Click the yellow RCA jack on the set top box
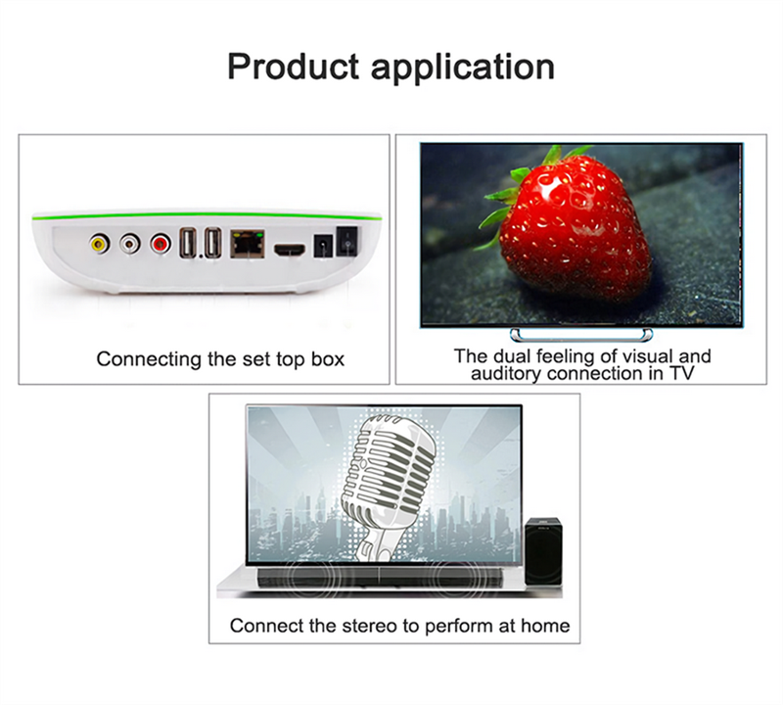tap(100, 244)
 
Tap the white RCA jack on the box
tap(130, 244)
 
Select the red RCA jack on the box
tap(161, 244)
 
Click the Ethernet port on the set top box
tap(248, 244)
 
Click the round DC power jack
tap(323, 247)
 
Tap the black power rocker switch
tap(347, 241)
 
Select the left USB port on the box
tap(188, 243)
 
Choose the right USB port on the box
tap(213, 243)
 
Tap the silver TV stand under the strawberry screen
tap(581, 334)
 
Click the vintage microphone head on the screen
tap(389, 470)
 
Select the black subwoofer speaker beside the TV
tap(544, 551)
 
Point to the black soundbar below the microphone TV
tap(380, 578)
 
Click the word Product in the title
tap(294, 67)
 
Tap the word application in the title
tap(463, 68)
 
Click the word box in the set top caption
tap(328, 359)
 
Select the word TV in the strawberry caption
tap(681, 373)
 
